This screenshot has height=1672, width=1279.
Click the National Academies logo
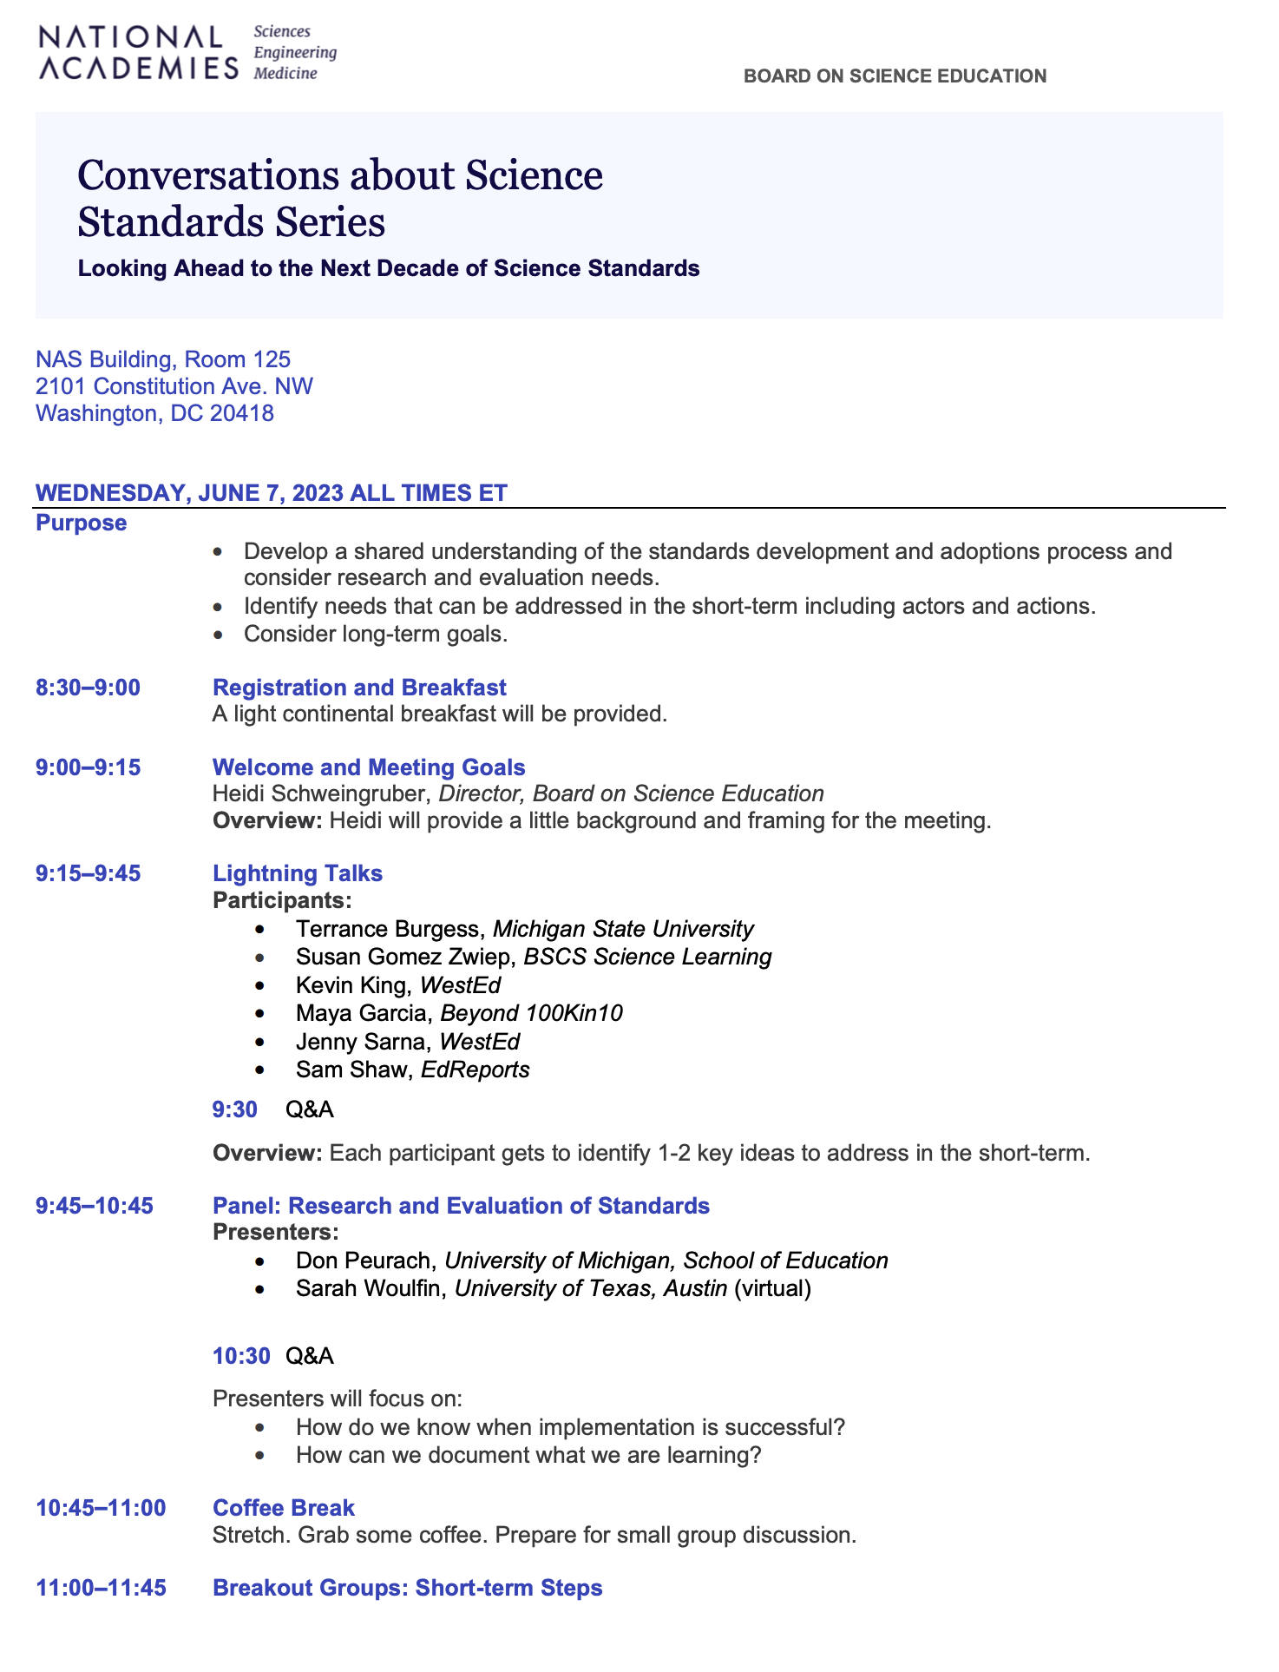[x=187, y=53]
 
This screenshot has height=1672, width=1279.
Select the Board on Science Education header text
[x=895, y=76]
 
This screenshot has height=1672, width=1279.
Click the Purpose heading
[x=81, y=523]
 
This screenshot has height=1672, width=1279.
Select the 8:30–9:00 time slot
[x=88, y=688]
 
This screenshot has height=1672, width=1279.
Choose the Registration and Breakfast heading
[x=359, y=688]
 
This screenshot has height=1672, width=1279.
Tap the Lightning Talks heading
[x=298, y=873]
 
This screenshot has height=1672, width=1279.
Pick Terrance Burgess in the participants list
[x=387, y=929]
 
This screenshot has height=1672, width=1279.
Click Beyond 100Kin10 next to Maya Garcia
[x=531, y=1013]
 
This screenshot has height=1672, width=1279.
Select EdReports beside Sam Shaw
[x=475, y=1070]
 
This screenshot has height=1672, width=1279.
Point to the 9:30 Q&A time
[x=235, y=1109]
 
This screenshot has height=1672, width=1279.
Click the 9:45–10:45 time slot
[x=95, y=1206]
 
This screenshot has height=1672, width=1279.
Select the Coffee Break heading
[x=284, y=1508]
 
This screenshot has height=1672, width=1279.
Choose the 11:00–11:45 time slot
[x=101, y=1588]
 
